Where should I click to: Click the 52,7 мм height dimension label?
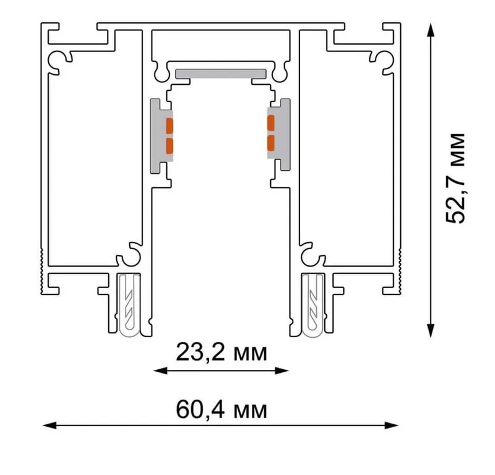point(455,178)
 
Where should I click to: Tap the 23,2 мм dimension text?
point(222,352)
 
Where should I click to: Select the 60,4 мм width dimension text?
point(222,409)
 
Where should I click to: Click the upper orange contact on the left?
point(170,126)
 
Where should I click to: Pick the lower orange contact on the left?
point(170,146)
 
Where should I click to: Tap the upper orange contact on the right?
point(271,123)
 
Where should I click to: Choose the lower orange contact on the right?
point(271,143)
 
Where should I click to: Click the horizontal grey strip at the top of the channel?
point(221,74)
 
